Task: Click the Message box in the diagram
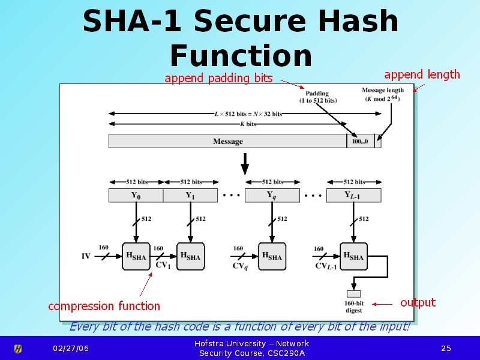pyautogui.click(x=228, y=141)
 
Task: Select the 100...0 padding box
pyautogui.click(x=361, y=141)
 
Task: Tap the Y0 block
pyautogui.click(x=136, y=196)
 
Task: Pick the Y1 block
pyautogui.click(x=190, y=196)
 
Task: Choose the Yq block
pyautogui.click(x=272, y=196)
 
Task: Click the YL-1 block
pyautogui.click(x=353, y=196)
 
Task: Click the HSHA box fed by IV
pyautogui.click(x=136, y=256)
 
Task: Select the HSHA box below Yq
pyautogui.click(x=272, y=256)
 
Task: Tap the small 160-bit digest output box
pyautogui.click(x=353, y=294)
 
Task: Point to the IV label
pyautogui.click(x=86, y=256)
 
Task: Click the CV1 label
pyautogui.click(x=163, y=265)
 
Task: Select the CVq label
pyautogui.click(x=241, y=266)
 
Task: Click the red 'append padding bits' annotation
pyautogui.click(x=218, y=79)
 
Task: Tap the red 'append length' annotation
pyautogui.click(x=422, y=74)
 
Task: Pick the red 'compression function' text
pyautogui.click(x=104, y=306)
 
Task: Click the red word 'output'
pyautogui.click(x=418, y=303)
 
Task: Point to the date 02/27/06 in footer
pyautogui.click(x=71, y=349)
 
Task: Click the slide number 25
pyautogui.click(x=446, y=349)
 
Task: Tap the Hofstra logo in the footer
pyautogui.click(x=18, y=349)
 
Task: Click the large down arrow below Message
pyautogui.click(x=245, y=164)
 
